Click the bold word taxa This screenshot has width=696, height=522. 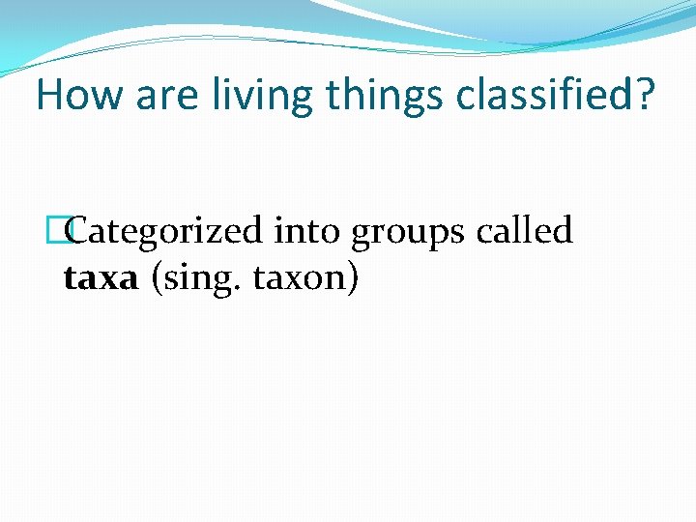click(x=101, y=279)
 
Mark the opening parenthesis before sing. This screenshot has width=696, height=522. click(x=157, y=279)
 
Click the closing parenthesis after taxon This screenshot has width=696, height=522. click(x=355, y=279)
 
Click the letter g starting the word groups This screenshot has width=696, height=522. click(x=362, y=235)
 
